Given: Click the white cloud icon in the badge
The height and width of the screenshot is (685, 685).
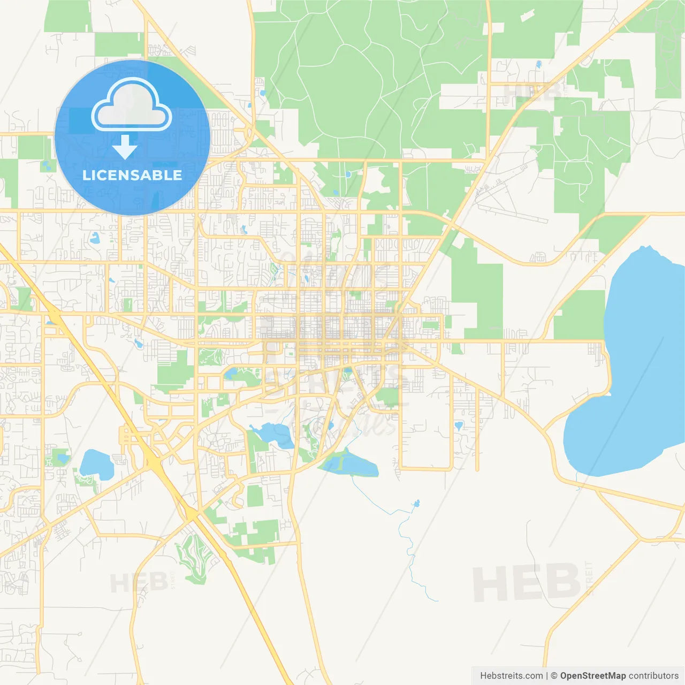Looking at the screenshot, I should (132, 104).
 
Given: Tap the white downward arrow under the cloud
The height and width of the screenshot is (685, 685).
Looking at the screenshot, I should (125, 147).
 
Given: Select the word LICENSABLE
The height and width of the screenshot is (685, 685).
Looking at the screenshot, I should (132, 175).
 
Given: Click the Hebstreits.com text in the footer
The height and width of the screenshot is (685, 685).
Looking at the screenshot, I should (511, 676).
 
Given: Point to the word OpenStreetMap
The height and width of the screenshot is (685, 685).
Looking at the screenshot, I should (592, 676).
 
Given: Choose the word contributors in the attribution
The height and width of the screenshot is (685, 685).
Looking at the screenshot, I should (653, 676).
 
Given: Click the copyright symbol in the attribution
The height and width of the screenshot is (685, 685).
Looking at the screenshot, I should (554, 676).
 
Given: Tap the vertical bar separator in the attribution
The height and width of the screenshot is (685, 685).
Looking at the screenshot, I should (547, 676).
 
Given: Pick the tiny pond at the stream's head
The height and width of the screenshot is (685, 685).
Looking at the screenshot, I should (416, 504).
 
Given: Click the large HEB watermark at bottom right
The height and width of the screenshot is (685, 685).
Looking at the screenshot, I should (527, 582).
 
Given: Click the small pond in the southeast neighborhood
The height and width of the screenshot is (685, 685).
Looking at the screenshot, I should (459, 426).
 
